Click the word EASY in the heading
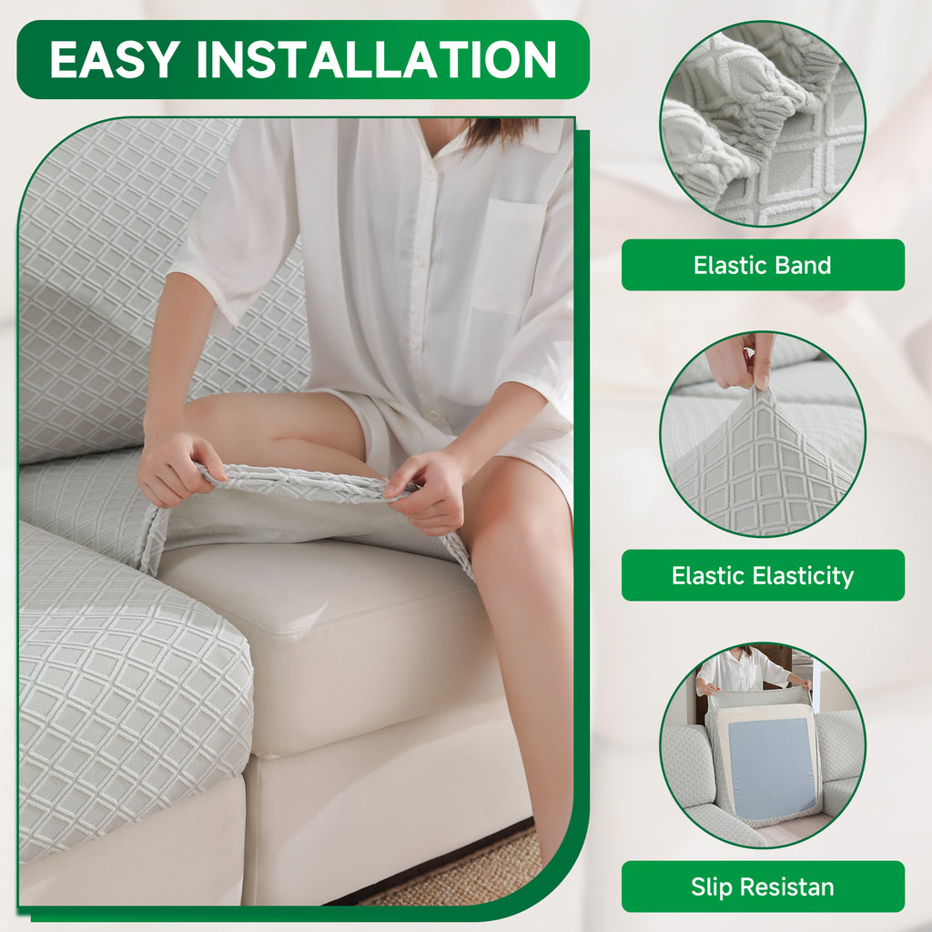[x=115, y=59]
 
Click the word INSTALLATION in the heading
[x=376, y=59]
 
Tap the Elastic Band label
[x=763, y=265]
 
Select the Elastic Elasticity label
[x=763, y=575]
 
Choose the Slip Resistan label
[x=763, y=886]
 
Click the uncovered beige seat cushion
[x=333, y=642]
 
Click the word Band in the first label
[x=803, y=265]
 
